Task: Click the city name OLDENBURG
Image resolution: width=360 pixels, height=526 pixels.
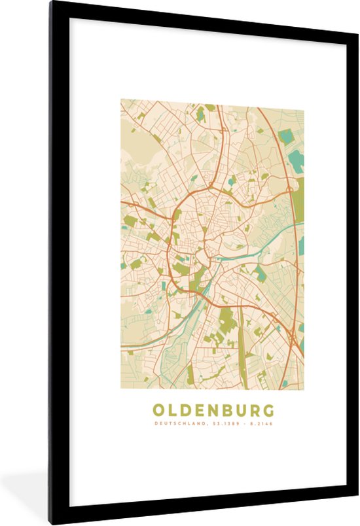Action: point(213,410)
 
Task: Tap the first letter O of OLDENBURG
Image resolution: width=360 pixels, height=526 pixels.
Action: point(158,410)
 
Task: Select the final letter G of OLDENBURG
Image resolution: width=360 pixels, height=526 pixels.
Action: point(268,410)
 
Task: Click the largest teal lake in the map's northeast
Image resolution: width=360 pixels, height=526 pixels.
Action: point(296,160)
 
